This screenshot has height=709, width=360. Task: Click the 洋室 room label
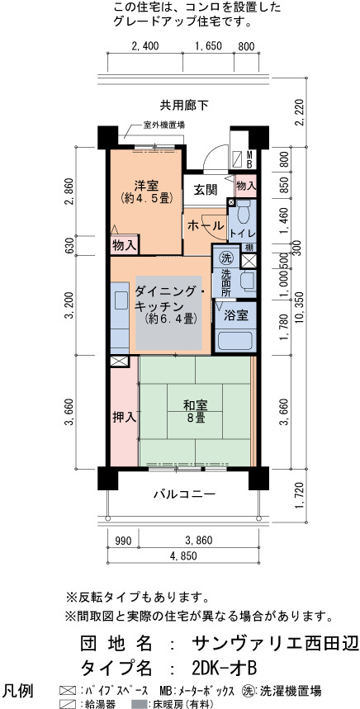(x=145, y=186)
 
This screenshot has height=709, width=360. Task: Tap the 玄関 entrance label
(x=205, y=191)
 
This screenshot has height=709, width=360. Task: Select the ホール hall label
(x=205, y=225)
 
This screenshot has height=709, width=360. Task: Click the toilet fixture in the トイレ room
(x=244, y=212)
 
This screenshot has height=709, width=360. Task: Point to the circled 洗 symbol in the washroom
(x=225, y=258)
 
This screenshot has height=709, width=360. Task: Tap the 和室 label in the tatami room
(x=196, y=405)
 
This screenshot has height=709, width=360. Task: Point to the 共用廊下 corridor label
(x=183, y=106)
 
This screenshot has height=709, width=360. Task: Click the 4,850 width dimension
(x=183, y=555)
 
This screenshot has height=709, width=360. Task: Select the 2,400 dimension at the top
(x=144, y=46)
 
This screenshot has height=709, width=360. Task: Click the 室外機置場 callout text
(x=163, y=125)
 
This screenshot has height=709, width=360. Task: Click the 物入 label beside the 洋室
(x=124, y=246)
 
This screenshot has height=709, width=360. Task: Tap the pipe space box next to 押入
(x=119, y=361)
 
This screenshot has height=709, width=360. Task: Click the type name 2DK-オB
(x=225, y=667)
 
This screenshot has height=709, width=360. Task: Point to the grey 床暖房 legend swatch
(x=136, y=703)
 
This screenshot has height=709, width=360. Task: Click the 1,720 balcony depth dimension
(x=299, y=495)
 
